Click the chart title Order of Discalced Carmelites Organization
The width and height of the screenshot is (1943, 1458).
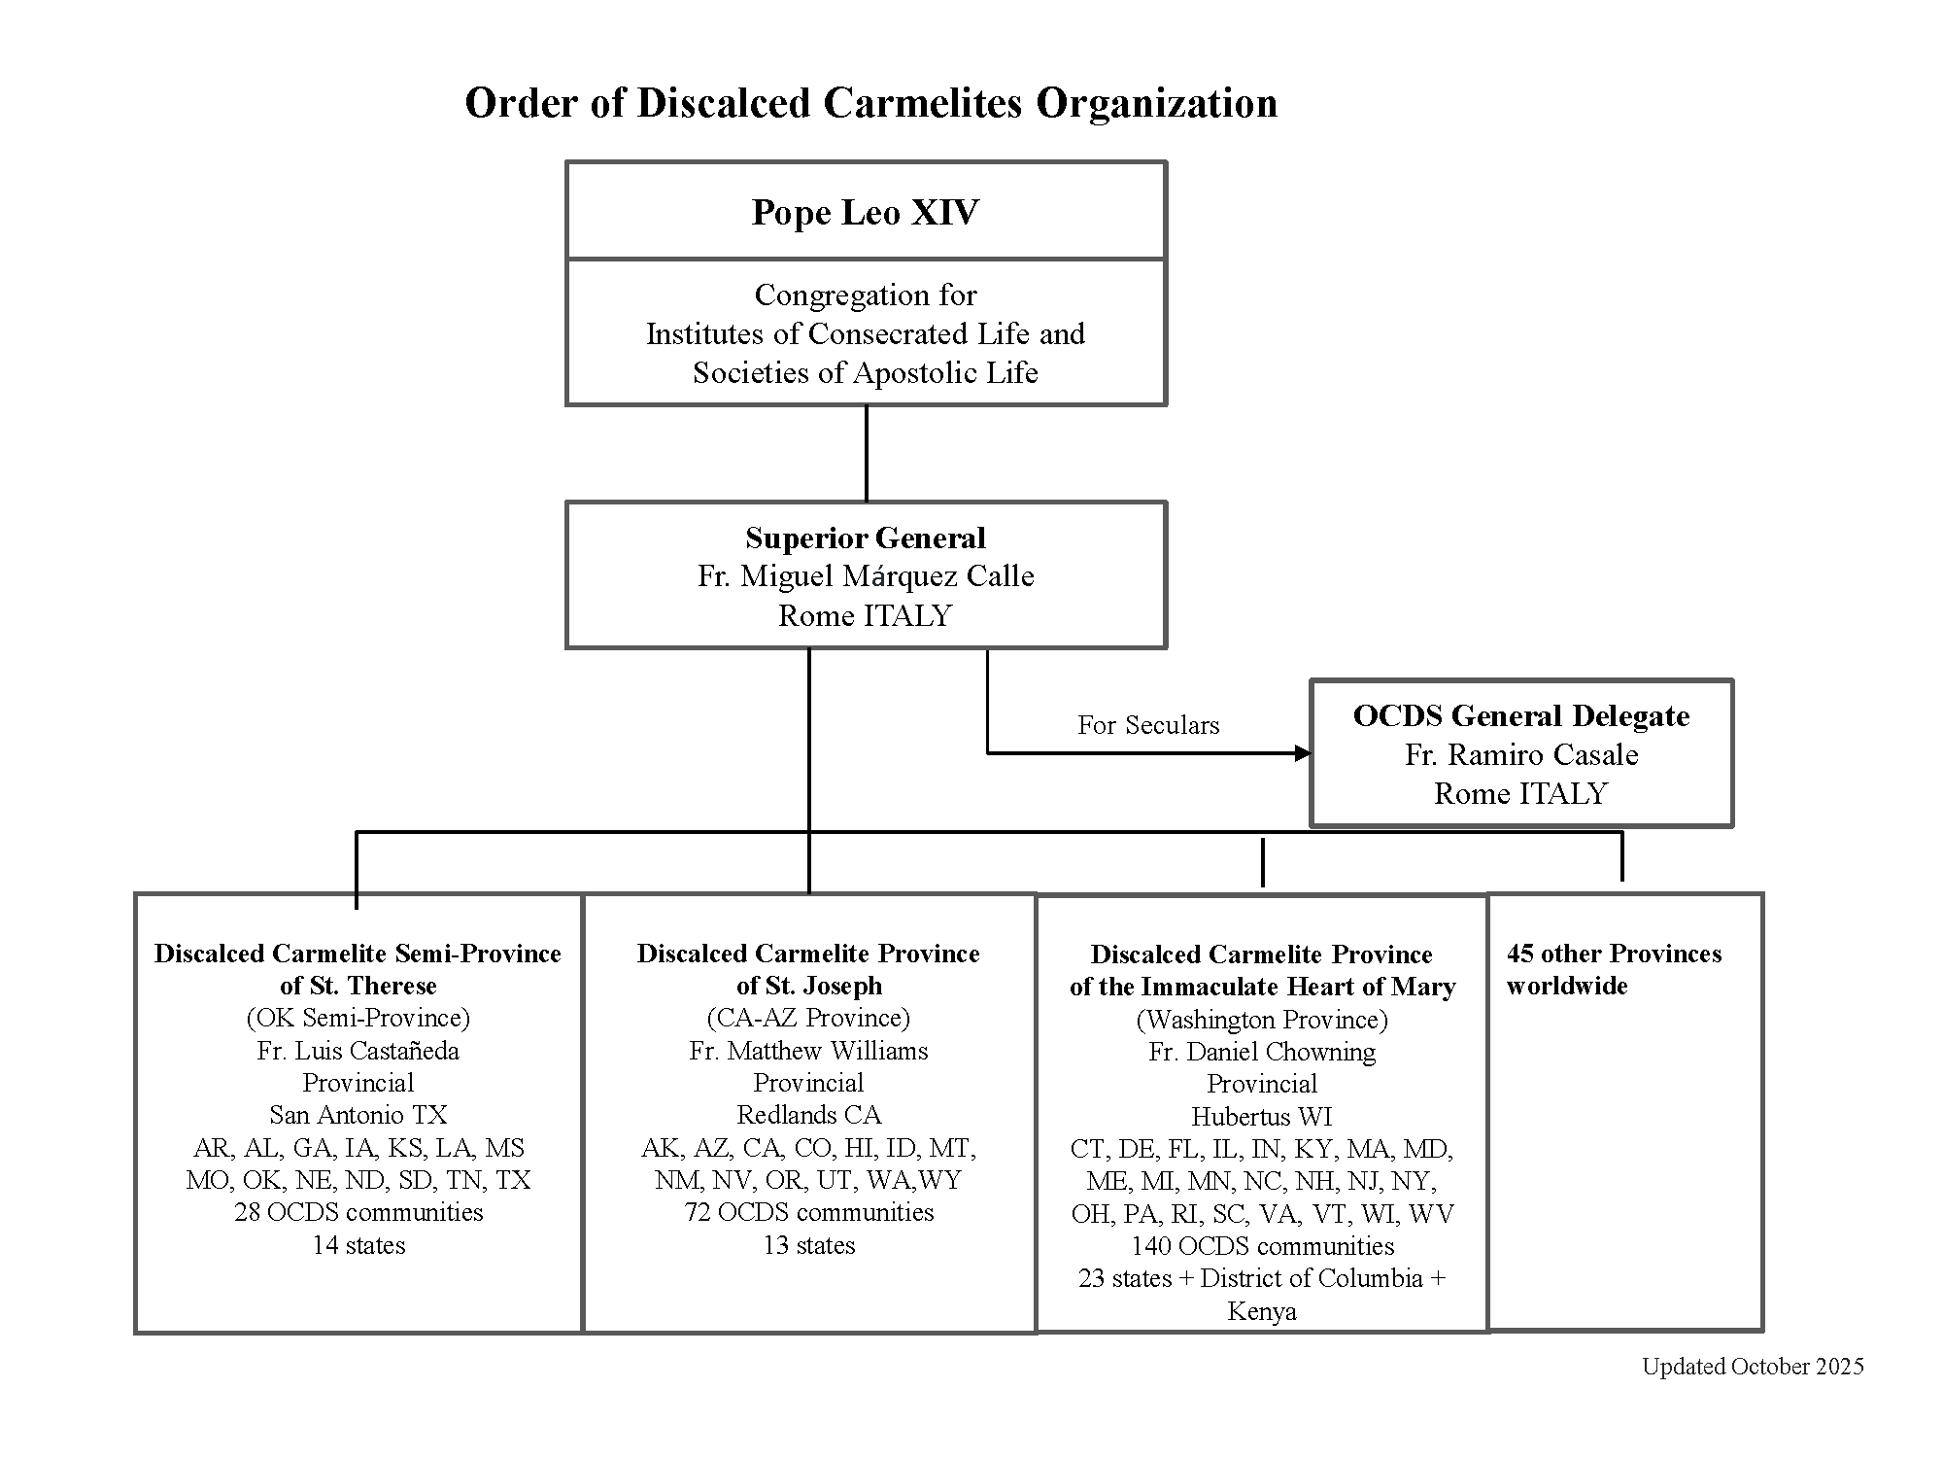coord(870,103)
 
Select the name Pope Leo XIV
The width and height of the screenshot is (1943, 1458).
coord(866,212)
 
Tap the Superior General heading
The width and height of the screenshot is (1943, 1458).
coord(866,538)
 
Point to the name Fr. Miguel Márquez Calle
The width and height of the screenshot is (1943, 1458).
coord(866,576)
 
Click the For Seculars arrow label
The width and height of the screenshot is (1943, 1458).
coord(1148,725)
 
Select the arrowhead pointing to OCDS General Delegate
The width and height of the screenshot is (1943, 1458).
coord(1303,753)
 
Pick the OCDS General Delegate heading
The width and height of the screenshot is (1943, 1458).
coord(1521,716)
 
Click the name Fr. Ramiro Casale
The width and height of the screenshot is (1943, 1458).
coord(1521,755)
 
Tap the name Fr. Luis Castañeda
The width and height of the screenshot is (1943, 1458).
coord(358,1051)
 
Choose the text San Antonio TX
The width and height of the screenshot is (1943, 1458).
coord(358,1115)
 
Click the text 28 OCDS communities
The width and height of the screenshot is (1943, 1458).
coord(358,1212)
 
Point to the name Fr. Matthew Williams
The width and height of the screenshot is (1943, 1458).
coord(808,1051)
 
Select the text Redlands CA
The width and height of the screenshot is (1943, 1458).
coord(808,1115)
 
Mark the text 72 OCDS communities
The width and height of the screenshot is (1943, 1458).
coord(808,1212)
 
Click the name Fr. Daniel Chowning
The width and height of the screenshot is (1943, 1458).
coord(1262,1052)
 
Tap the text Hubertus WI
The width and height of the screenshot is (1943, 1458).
coord(1262,1117)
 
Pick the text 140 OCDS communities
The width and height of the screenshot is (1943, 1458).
coord(1262,1246)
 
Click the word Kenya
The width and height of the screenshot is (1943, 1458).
coord(1262,1311)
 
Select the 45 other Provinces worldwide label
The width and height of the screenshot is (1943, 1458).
coord(1614,969)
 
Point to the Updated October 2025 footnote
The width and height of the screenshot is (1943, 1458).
coord(1753,1367)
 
